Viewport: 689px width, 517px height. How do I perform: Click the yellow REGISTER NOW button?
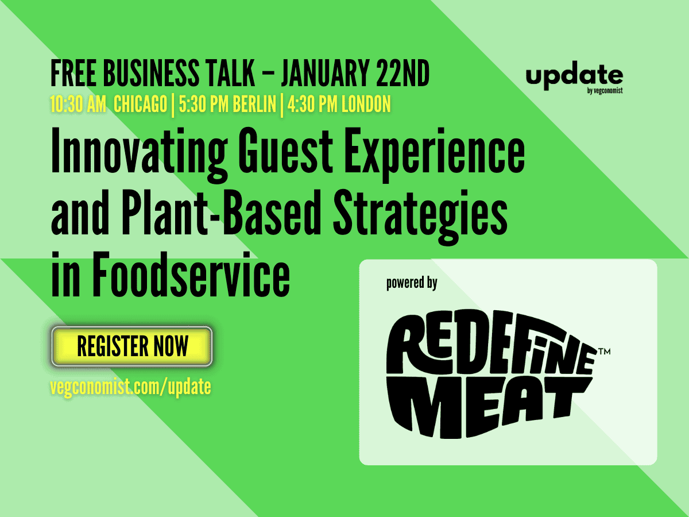132,346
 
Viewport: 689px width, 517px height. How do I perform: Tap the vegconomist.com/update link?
130,387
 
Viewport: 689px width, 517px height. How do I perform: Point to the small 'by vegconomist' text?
605,91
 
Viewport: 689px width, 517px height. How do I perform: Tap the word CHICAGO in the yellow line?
140,104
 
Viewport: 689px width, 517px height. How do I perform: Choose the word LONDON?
366,104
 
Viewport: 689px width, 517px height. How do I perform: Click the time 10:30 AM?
78,104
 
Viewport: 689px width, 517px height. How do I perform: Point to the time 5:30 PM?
203,104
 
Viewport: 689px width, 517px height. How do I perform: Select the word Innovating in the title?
139,154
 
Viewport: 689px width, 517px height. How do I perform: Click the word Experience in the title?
435,154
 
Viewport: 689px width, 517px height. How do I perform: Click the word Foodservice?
191,275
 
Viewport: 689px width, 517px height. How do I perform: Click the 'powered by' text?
412,283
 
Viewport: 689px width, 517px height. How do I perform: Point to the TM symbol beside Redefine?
605,351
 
